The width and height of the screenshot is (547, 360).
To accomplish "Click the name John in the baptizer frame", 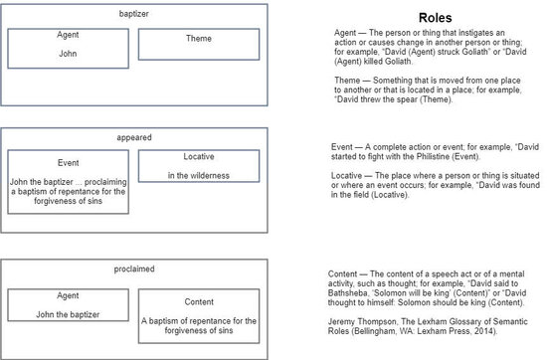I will (x=68, y=54).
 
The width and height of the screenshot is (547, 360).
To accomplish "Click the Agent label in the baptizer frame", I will (x=68, y=35).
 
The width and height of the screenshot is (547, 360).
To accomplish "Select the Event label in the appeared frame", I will (x=68, y=161).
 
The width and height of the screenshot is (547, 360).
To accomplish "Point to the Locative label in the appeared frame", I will (x=198, y=157).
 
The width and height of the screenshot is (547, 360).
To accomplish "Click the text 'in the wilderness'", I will (x=198, y=176).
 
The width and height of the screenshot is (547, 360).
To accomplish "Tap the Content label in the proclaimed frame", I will (x=199, y=301).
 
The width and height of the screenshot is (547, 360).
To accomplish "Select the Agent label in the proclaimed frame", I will (x=68, y=295).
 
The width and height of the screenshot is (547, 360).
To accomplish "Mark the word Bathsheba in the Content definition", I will (x=353, y=291).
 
